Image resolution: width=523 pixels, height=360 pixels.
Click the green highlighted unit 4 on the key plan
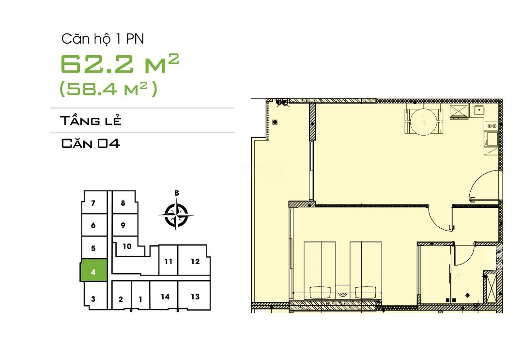coord(93,270)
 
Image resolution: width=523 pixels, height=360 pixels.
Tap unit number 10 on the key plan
coord(127,246)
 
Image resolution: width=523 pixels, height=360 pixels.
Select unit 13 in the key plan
coord(195,296)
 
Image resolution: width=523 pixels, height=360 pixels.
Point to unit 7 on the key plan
coord(93,203)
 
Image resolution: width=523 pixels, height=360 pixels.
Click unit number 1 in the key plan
coord(140,299)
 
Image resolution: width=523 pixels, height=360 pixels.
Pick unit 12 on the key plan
coord(195,261)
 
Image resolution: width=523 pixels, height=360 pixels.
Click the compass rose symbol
coord(176,215)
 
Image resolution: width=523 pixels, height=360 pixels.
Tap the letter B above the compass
coord(177,193)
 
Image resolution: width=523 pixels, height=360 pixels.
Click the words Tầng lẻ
coord(91,121)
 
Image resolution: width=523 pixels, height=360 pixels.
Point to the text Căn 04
coord(91,143)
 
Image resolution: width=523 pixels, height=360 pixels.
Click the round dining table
coord(423,122)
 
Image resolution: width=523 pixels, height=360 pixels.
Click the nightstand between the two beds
coord(343,291)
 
